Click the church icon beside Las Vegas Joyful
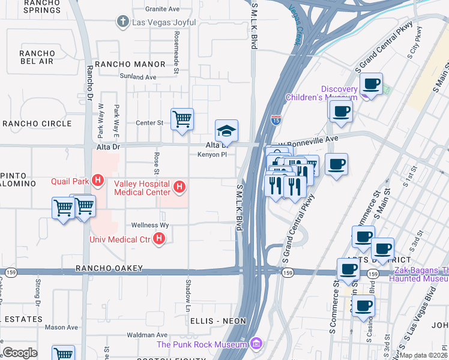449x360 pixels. pos(122,22)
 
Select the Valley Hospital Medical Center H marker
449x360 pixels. pos(179,188)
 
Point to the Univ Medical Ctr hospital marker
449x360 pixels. pos(159,239)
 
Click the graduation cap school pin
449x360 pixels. pos(226,131)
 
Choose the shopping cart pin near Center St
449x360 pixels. pos(182,118)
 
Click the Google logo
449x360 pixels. pos(20,352)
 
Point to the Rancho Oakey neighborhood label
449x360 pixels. pos(109,268)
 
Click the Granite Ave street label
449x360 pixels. pos(162,10)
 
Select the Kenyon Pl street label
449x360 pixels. pos(211,154)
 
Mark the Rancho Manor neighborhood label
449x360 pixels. pos(130,64)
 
